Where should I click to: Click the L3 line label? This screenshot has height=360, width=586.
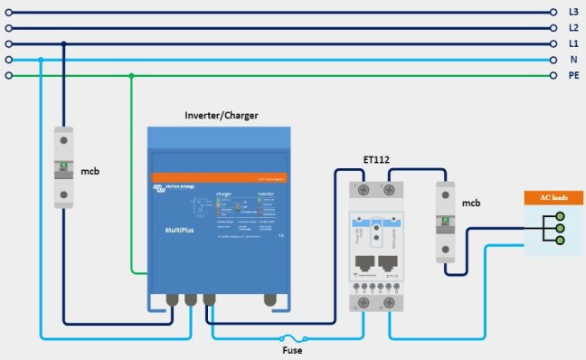pos(573,12)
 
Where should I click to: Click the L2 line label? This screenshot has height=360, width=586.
pos(573,28)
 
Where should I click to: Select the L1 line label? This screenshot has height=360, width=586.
pos(573,43)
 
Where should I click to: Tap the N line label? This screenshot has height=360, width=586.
pos(573,60)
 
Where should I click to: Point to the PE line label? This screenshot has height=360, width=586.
pos(573,76)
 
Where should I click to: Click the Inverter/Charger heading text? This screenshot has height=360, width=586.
pos(221,116)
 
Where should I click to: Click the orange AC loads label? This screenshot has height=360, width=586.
pos(553,197)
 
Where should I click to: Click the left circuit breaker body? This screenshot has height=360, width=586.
pos(62,168)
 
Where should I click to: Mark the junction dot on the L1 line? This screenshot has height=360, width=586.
pos(62,43)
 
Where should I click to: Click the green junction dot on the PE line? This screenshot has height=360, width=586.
pos(132,76)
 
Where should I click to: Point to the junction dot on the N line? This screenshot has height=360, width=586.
pos(41,60)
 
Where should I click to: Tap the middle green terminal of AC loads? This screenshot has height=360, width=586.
pos(559,230)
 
